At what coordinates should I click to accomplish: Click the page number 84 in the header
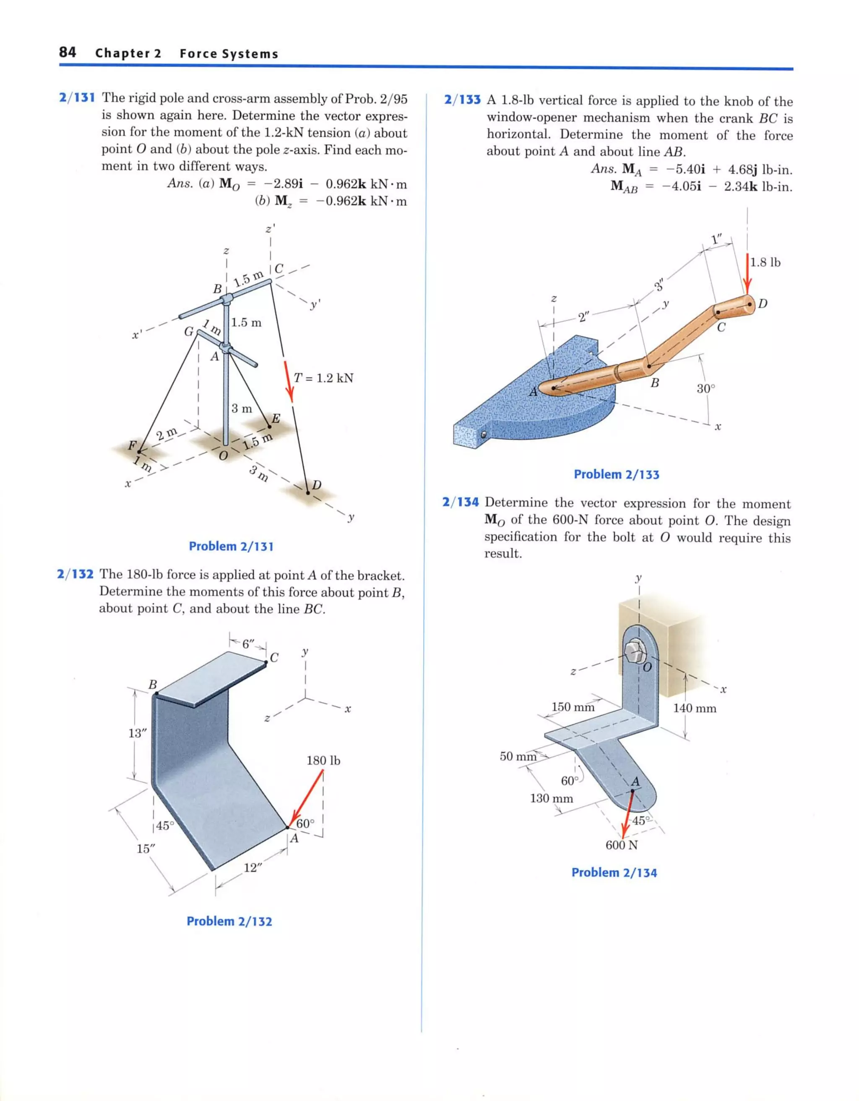[68, 52]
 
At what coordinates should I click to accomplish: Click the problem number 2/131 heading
[77, 98]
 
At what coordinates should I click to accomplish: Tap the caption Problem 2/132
[229, 921]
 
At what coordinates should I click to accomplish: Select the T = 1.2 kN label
[323, 378]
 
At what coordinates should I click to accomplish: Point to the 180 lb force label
[323, 760]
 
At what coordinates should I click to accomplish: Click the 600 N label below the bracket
[621, 845]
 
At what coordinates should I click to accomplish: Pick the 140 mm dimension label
[695, 708]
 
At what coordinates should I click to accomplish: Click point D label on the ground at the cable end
[316, 485]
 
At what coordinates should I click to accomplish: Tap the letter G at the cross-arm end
[189, 332]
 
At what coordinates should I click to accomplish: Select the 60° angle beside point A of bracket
[305, 824]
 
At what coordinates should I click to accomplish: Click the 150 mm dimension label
[573, 707]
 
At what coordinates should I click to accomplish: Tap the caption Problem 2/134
[614, 873]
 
